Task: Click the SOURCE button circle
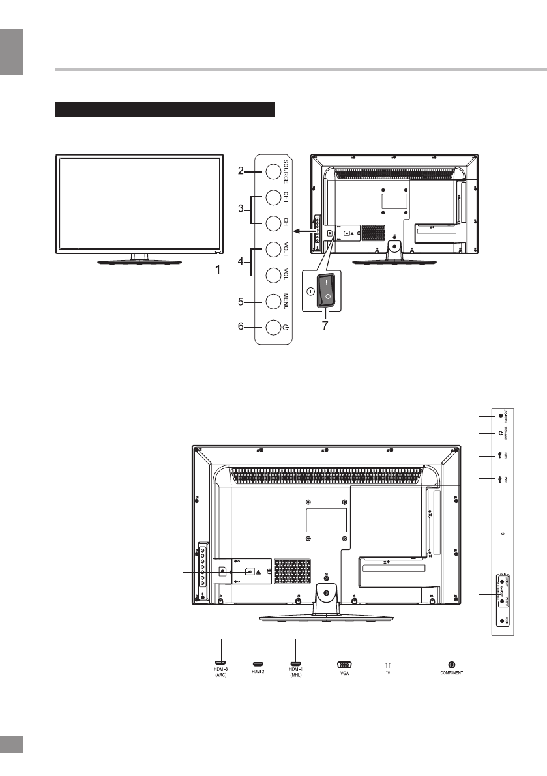[x=273, y=171]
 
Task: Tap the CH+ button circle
[x=273, y=197]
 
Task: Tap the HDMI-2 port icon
[x=259, y=665]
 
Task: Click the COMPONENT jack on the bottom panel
[x=452, y=664]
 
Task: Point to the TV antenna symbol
[x=388, y=665]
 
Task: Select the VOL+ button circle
[x=273, y=250]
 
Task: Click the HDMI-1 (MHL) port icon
[x=295, y=665]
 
